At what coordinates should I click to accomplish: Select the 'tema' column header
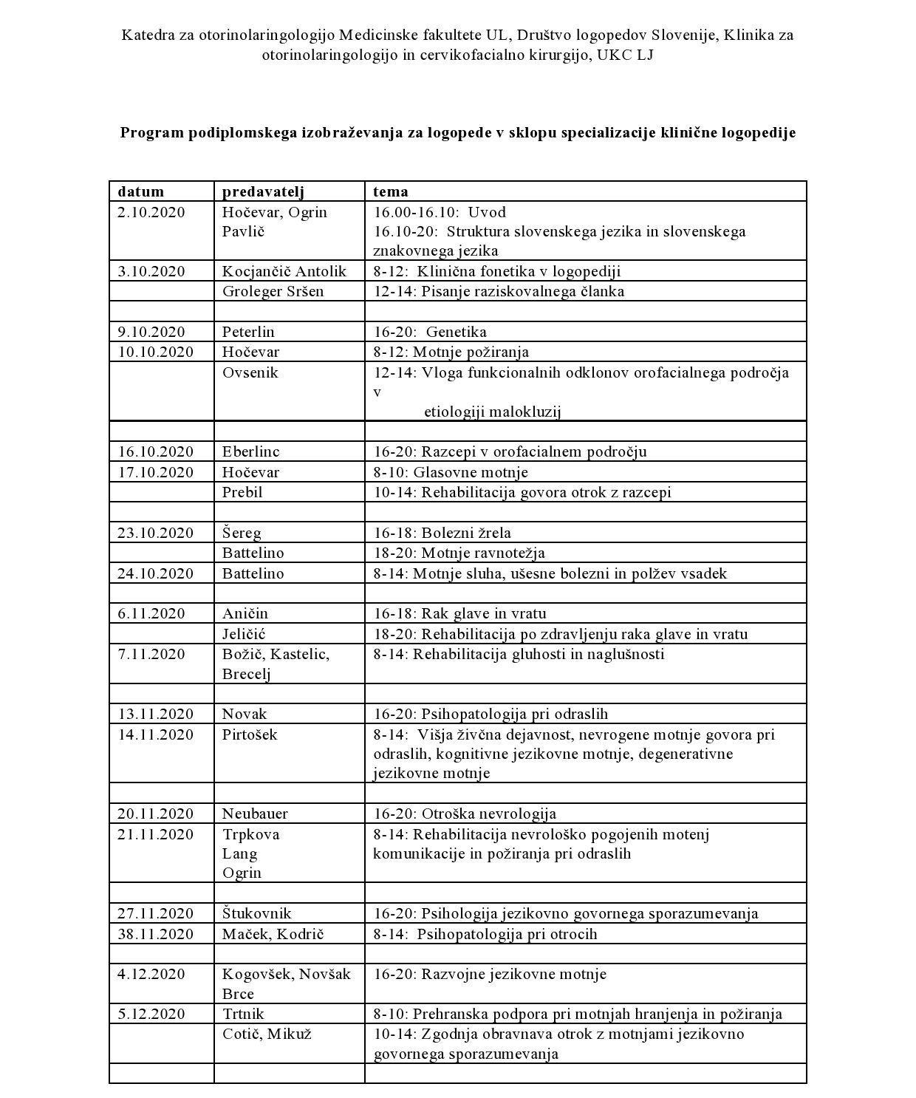390,192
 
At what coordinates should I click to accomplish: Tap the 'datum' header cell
140,192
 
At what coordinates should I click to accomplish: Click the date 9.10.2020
151,332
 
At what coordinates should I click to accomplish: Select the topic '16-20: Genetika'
430,332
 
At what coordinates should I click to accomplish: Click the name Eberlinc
251,451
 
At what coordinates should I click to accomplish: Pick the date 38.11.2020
155,934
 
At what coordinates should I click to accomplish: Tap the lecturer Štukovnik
257,914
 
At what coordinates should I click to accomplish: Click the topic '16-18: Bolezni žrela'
442,533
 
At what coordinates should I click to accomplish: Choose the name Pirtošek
250,734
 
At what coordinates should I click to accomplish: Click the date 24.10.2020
155,573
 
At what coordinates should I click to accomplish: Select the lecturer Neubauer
255,814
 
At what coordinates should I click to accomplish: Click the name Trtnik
243,1014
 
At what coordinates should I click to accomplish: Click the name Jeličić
244,634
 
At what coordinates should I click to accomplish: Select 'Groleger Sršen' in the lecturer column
273,291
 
